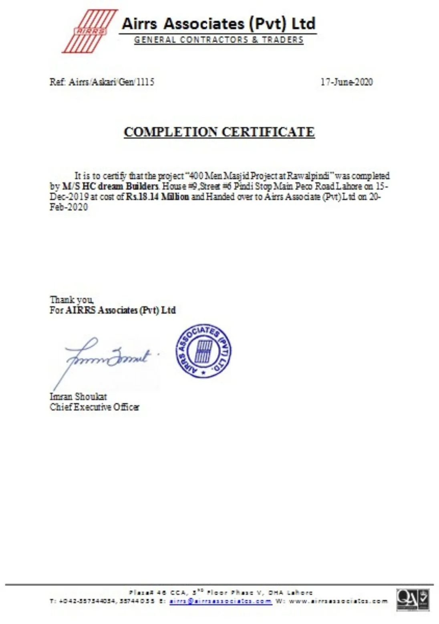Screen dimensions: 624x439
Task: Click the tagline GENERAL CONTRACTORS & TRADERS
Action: pyautogui.click(x=219, y=40)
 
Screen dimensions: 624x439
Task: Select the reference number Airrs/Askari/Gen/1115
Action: pyautogui.click(x=111, y=82)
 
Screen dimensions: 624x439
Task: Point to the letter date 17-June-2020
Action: pyautogui.click(x=346, y=82)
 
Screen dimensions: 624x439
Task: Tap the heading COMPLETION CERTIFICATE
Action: pyautogui.click(x=219, y=132)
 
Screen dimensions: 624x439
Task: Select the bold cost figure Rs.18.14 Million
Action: pyautogui.click(x=157, y=197)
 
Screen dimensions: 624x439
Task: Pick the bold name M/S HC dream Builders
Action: pyautogui.click(x=111, y=186)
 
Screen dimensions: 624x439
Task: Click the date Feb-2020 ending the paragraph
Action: pyautogui.click(x=68, y=207)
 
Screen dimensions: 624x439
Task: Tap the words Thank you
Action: pyautogui.click(x=72, y=300)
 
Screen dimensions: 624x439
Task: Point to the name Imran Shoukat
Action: pyautogui.click(x=78, y=397)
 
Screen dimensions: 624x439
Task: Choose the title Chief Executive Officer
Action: pyautogui.click(x=95, y=407)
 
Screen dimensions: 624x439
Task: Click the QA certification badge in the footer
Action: pyautogui.click(x=413, y=600)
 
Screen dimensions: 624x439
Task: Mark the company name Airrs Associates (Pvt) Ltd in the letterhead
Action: pyautogui.click(x=219, y=24)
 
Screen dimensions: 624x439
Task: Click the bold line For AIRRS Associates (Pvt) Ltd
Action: pyautogui.click(x=113, y=310)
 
